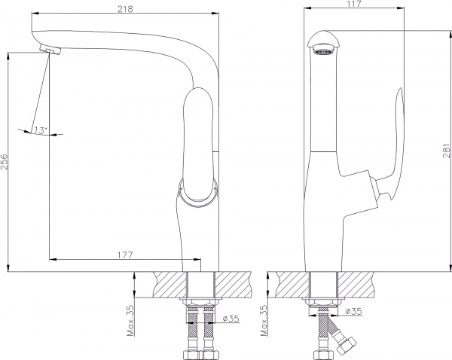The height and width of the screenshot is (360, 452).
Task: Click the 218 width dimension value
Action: pyautogui.click(x=125, y=9)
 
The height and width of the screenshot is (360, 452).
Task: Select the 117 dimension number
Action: pyautogui.click(x=354, y=4)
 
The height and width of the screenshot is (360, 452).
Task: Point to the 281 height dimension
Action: pyautogui.click(x=447, y=151)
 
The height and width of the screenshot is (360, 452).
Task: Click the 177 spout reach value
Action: pyautogui.click(x=125, y=255)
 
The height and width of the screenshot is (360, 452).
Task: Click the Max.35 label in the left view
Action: pyautogui.click(x=130, y=321)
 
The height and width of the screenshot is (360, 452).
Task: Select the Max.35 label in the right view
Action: pyautogui.click(x=264, y=321)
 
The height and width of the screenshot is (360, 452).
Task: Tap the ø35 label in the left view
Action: pyautogui.click(x=231, y=319)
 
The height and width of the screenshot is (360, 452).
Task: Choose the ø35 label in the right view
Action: pyautogui.click(x=353, y=311)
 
